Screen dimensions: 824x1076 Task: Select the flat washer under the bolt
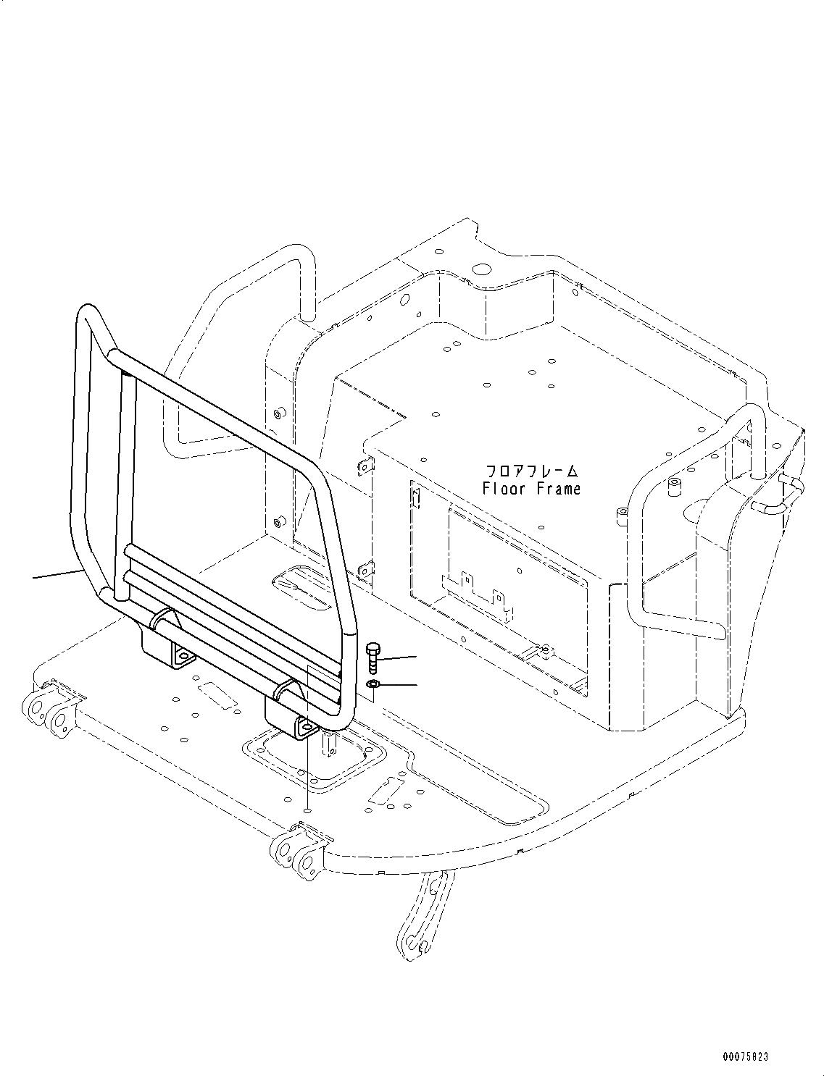(373, 684)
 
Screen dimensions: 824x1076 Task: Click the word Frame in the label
(559, 489)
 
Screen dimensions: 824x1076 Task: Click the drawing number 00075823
(744, 1058)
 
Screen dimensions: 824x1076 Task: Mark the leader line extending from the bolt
(398, 657)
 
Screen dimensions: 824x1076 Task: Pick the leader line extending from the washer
(398, 684)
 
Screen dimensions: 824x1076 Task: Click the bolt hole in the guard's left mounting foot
(184, 657)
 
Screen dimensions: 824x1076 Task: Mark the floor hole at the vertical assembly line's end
(307, 812)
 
